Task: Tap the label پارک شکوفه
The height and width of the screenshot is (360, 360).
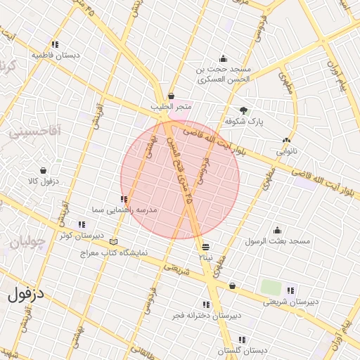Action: [244, 122]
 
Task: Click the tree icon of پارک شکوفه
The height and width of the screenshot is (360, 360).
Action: [244, 110]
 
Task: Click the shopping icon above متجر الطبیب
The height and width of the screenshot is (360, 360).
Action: [171, 96]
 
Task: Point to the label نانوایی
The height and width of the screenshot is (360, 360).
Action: [286, 151]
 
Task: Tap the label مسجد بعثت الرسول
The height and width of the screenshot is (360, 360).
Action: [277, 241]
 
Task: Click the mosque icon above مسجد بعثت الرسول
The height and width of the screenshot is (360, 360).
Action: [277, 230]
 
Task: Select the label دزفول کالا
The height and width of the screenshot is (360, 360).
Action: [44, 181]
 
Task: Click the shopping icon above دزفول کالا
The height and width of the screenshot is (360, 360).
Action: [44, 170]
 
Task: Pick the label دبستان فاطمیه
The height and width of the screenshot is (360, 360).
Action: [56, 54]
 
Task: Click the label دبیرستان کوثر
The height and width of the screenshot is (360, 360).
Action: [82, 236]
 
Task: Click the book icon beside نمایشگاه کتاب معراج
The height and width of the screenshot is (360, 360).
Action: [114, 243]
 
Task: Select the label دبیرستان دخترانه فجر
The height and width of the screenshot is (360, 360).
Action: [202, 315]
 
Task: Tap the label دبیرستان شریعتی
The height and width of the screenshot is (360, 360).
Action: [290, 302]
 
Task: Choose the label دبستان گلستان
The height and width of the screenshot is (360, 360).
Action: [243, 350]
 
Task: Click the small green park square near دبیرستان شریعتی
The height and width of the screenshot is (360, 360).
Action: [271, 287]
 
